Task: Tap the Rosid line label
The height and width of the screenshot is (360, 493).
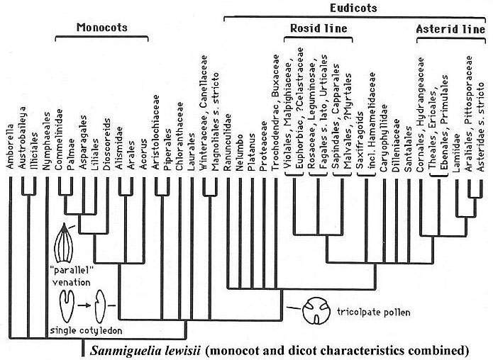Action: (x=322, y=30)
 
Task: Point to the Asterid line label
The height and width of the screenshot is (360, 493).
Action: (x=447, y=30)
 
